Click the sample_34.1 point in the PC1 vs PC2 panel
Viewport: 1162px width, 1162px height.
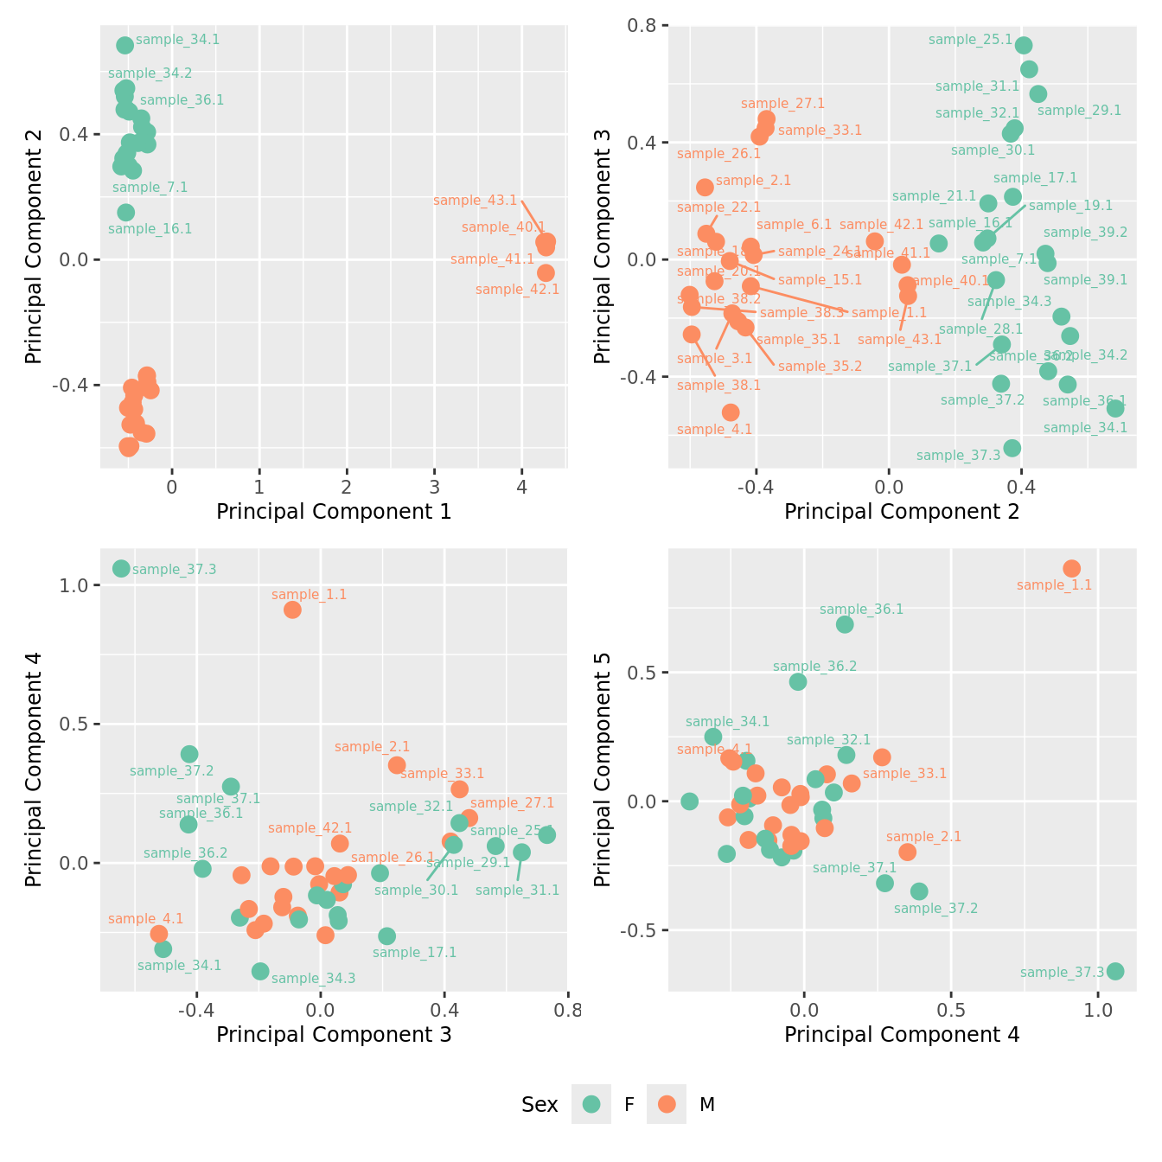point(125,45)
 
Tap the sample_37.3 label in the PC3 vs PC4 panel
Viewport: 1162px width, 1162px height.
point(174,569)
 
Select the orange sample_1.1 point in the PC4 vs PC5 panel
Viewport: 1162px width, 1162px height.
point(1071,568)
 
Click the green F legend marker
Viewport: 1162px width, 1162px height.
point(591,1104)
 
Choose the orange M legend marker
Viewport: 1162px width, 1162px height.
point(667,1104)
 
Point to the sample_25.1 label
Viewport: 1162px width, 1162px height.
point(970,40)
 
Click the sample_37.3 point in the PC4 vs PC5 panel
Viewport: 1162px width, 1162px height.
point(1115,971)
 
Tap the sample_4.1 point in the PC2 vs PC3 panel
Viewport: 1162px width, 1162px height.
point(731,412)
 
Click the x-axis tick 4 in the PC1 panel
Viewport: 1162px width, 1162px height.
point(521,488)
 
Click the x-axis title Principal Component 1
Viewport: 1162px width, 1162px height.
point(334,512)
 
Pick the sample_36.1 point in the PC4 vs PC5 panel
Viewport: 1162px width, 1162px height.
point(845,624)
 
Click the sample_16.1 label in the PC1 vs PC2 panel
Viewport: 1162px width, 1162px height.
point(150,229)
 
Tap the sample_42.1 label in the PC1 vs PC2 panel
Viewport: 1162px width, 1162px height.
point(517,290)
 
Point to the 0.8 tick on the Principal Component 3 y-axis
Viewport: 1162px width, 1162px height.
point(645,26)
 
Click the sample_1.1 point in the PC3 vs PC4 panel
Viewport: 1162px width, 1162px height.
point(292,610)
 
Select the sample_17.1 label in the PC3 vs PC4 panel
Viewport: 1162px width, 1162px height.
point(414,953)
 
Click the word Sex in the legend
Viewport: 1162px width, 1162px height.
point(539,1104)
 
